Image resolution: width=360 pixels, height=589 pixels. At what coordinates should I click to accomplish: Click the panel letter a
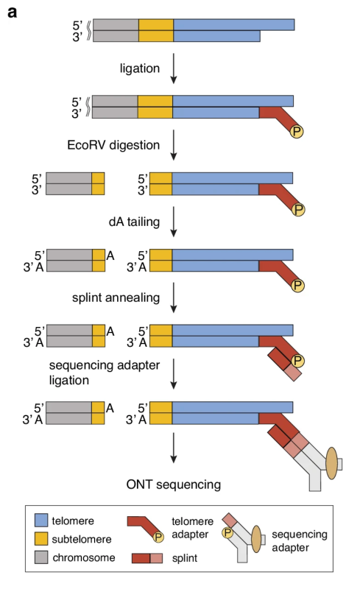point(12,13)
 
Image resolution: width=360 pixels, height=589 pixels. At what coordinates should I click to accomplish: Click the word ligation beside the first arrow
point(139,68)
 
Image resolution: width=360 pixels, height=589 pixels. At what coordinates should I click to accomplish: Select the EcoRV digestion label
point(113,145)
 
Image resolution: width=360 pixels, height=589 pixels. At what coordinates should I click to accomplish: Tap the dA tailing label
point(134,222)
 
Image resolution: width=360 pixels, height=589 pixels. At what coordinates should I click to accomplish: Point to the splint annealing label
point(116,297)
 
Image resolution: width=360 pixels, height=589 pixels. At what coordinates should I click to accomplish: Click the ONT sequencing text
point(174,484)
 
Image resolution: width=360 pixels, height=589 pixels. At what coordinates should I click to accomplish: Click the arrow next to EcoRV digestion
point(173,145)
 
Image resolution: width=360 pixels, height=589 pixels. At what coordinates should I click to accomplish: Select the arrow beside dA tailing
point(173,222)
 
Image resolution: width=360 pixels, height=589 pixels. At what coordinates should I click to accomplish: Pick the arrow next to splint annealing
point(173,297)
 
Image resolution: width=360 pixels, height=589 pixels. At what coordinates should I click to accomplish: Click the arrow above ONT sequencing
point(173,448)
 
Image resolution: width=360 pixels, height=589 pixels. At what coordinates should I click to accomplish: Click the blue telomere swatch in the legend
point(41,521)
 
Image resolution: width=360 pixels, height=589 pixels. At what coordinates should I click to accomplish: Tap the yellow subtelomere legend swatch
point(41,539)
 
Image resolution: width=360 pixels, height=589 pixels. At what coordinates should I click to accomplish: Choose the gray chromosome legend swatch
point(41,557)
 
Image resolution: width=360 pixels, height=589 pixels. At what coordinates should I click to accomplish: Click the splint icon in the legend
point(147,558)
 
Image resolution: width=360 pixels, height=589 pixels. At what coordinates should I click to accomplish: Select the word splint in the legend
point(185,559)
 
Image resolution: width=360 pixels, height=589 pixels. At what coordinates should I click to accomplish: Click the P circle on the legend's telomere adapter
point(158,537)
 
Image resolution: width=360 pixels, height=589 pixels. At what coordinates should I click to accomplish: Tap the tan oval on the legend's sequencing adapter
point(256,539)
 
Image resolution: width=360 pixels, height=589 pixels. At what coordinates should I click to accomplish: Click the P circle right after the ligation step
point(297,132)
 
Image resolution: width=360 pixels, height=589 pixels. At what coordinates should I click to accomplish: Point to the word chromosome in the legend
point(84,557)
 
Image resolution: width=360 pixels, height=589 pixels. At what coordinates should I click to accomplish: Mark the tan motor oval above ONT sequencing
point(331,463)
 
